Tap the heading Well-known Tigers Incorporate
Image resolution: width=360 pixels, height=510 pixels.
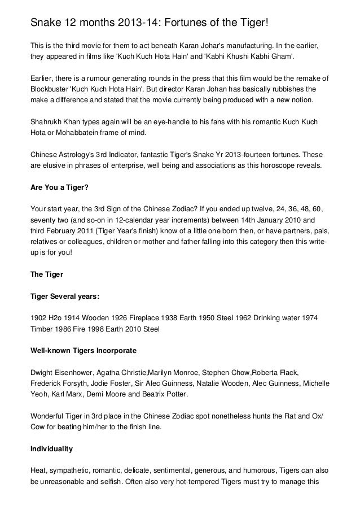click(83, 351)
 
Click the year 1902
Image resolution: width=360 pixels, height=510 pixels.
click(39, 318)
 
